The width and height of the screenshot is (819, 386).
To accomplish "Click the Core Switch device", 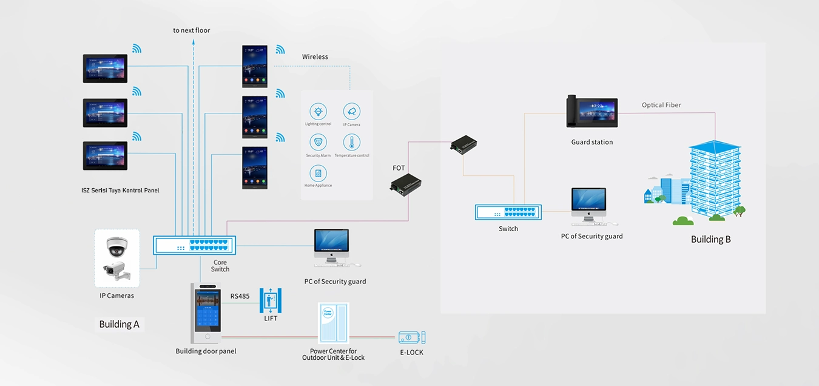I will pos(195,245).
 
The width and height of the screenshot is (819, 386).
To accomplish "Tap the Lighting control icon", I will pos(318,112).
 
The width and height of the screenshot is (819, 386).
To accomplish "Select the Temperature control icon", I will pos(351,143).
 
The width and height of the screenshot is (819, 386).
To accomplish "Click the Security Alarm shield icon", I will pos(318,143).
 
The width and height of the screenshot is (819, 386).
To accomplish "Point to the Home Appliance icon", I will pos(318,173).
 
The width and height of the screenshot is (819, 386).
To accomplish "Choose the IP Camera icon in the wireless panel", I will pos(351,112).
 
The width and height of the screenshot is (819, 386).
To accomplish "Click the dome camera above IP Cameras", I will pos(116,245).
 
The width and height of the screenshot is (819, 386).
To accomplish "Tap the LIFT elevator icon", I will pos(270,300).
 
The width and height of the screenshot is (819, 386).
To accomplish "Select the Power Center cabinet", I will pos(333,324).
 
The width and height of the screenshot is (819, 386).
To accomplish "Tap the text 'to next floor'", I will pos(192,30).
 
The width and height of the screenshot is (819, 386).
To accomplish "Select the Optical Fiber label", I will pos(661,105).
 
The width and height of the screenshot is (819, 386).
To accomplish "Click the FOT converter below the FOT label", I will pos(406,184).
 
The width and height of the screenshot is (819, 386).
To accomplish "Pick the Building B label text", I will pos(710,239).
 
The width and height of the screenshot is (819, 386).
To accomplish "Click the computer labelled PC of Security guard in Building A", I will pos(332,248).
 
